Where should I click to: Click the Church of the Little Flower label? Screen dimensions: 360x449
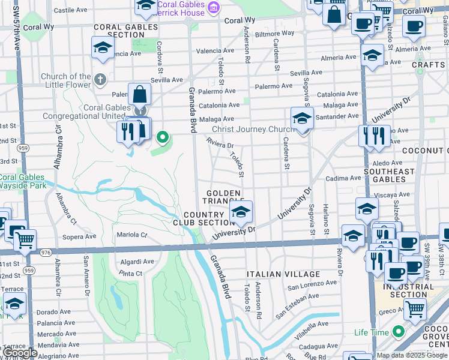pos(66,80)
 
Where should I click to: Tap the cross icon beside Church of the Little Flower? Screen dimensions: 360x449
pos(100,79)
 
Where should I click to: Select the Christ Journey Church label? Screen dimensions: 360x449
pos(253,129)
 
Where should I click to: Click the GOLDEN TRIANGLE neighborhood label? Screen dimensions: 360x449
pos(224,197)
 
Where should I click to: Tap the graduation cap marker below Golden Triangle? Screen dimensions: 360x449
pos(241,212)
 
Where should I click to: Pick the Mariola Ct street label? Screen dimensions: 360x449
pos(131,235)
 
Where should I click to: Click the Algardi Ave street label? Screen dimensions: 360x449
pos(137,262)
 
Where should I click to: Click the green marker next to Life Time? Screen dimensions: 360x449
pos(397,332)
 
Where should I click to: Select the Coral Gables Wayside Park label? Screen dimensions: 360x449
pos(22,181)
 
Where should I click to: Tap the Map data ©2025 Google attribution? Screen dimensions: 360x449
pos(412,355)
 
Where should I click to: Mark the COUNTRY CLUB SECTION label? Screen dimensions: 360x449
pos(209,218)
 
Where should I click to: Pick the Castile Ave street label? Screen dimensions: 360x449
pos(71,10)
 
